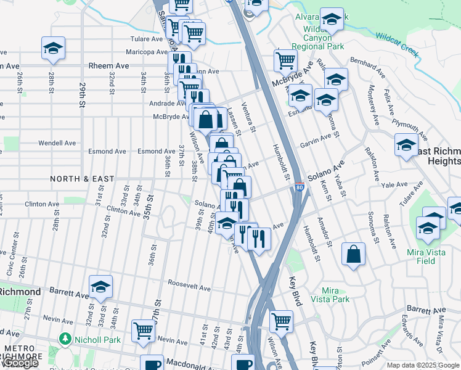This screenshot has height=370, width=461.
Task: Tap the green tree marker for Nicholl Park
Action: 64,339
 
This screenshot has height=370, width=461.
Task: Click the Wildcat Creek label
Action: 398,44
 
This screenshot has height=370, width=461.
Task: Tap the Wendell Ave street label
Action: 57,143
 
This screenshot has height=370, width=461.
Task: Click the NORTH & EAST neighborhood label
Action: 82,179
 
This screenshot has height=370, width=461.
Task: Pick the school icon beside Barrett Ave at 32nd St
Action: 100,287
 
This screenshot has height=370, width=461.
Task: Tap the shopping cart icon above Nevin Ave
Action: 144,330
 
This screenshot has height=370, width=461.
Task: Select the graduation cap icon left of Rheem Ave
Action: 54,49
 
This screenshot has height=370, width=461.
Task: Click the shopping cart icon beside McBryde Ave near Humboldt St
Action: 285,60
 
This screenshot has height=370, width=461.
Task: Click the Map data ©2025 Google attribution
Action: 423,366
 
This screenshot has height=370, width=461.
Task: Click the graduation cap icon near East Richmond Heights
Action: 407,146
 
